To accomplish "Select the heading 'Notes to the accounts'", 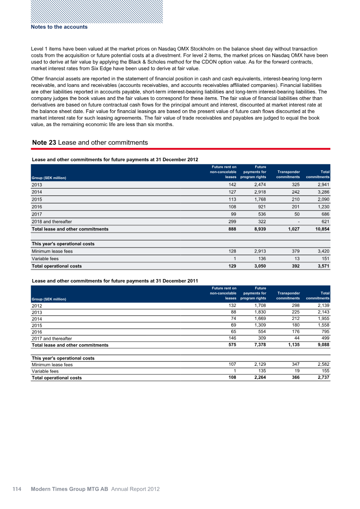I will (59, 27).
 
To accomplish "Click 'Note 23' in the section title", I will (44, 143).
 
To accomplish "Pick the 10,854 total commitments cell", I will (320, 229).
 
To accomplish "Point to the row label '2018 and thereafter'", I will (51, 222).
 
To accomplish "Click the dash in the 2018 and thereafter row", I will (298, 222).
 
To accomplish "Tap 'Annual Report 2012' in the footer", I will (135, 489).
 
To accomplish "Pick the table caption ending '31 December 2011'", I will (115, 281).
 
